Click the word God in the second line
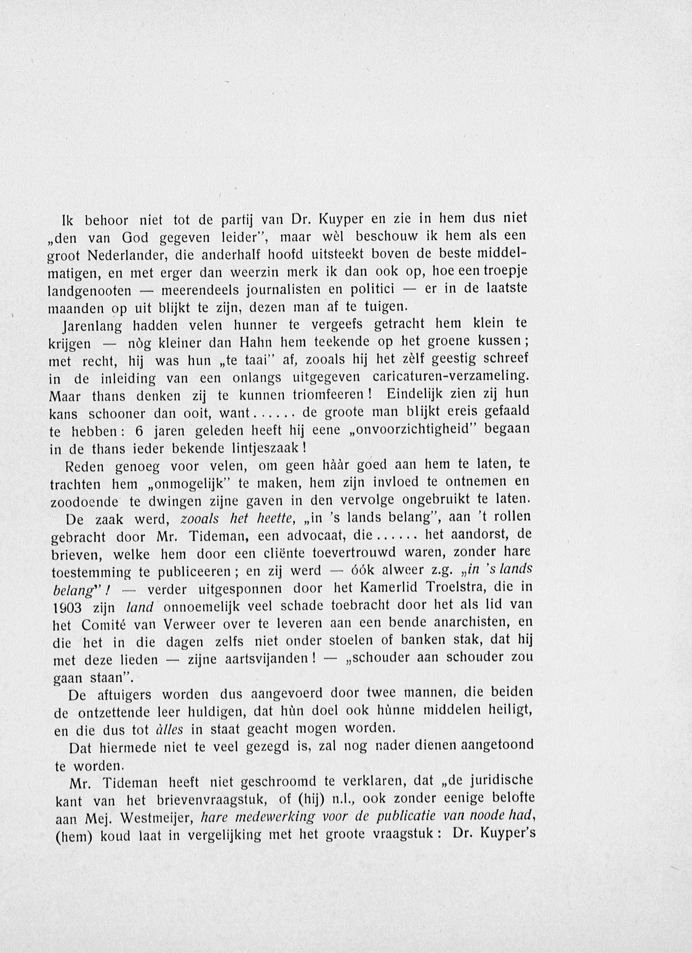135,238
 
